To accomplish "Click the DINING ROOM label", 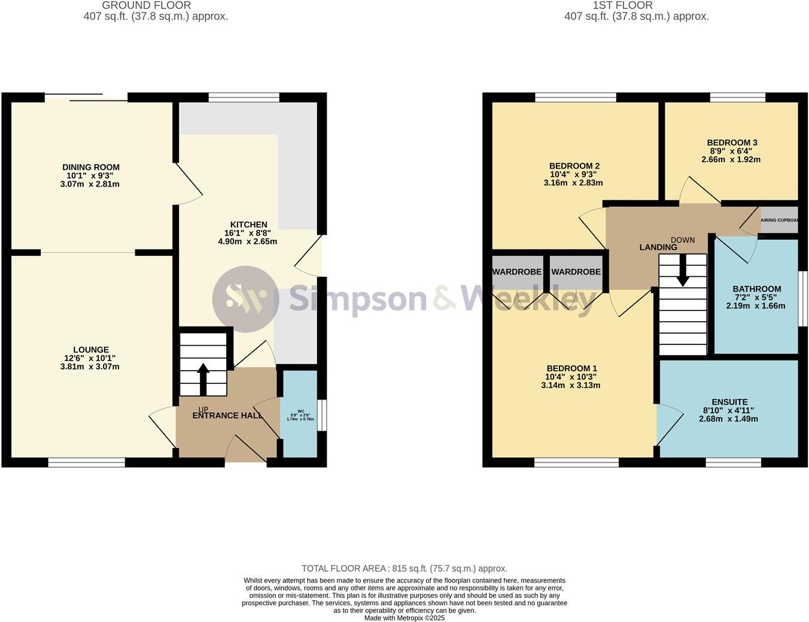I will click(91, 167).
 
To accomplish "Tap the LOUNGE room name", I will click(91, 350).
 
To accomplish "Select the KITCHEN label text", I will click(248, 225).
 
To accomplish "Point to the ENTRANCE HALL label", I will click(227, 416).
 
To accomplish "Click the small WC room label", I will click(300, 411).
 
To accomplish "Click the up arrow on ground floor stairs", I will click(203, 378).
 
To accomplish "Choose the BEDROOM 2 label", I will click(574, 166).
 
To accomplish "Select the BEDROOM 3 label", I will click(732, 143).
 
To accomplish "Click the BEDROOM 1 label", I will click(571, 368).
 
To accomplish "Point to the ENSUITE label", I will click(729, 403).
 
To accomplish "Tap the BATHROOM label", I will click(756, 289).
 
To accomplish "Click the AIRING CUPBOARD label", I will click(779, 220).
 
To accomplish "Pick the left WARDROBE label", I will click(517, 272).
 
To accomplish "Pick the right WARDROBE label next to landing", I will click(576, 272).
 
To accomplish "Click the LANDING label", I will click(658, 248).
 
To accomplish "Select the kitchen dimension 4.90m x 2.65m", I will click(248, 242).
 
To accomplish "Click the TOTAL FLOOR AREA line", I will click(404, 569).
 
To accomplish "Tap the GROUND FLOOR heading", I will click(147, 5).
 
